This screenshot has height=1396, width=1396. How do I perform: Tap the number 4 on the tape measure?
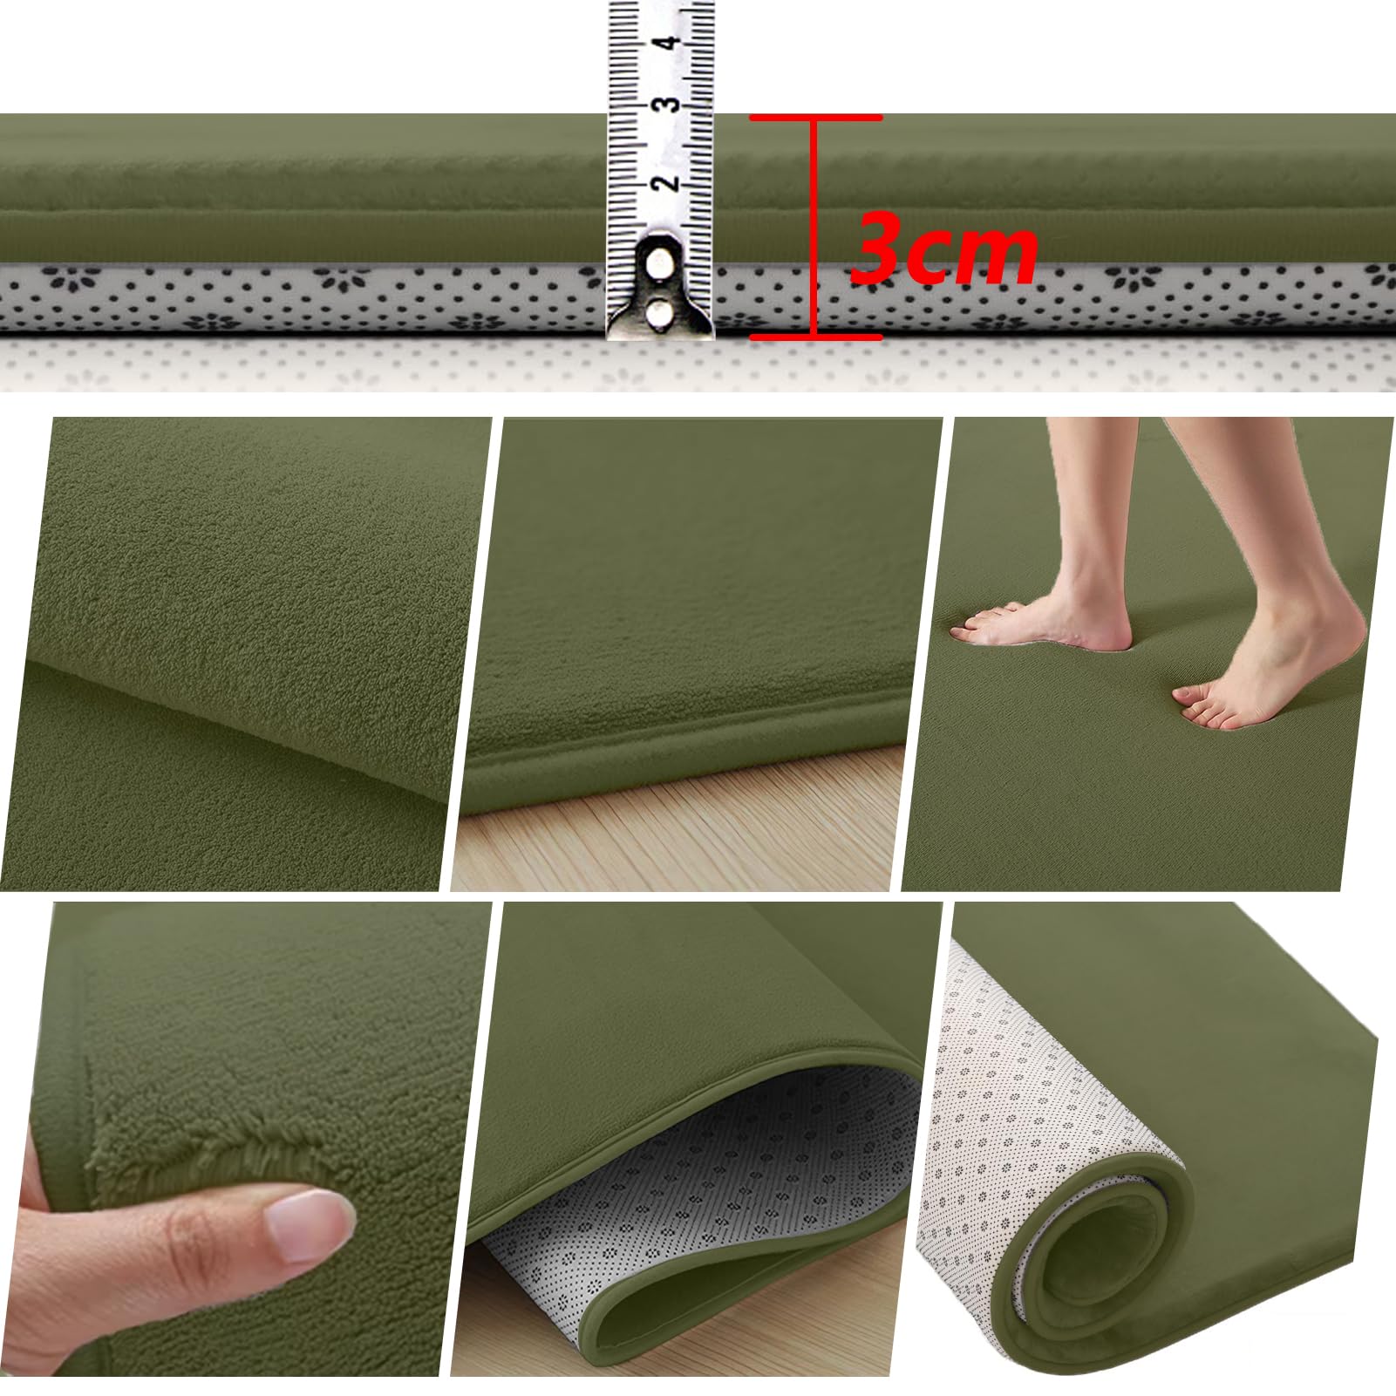tap(671, 40)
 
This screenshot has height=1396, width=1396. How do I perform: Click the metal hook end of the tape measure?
tap(660, 288)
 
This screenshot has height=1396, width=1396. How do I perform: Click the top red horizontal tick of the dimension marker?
tap(815, 117)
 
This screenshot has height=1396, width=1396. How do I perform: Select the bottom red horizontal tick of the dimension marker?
tap(815, 337)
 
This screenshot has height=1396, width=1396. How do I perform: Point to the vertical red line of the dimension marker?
tap(814, 227)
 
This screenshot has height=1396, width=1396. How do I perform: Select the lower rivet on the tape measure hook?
tap(659, 312)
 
